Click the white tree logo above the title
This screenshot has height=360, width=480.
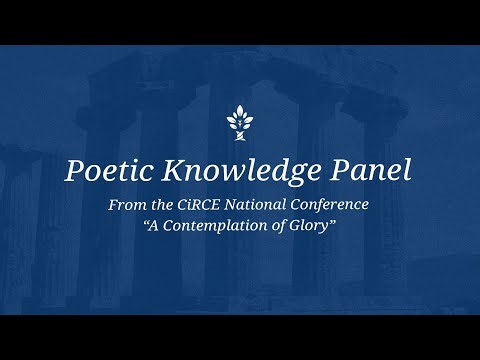[x=240, y=124]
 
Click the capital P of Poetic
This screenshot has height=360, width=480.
[x=74, y=170]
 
